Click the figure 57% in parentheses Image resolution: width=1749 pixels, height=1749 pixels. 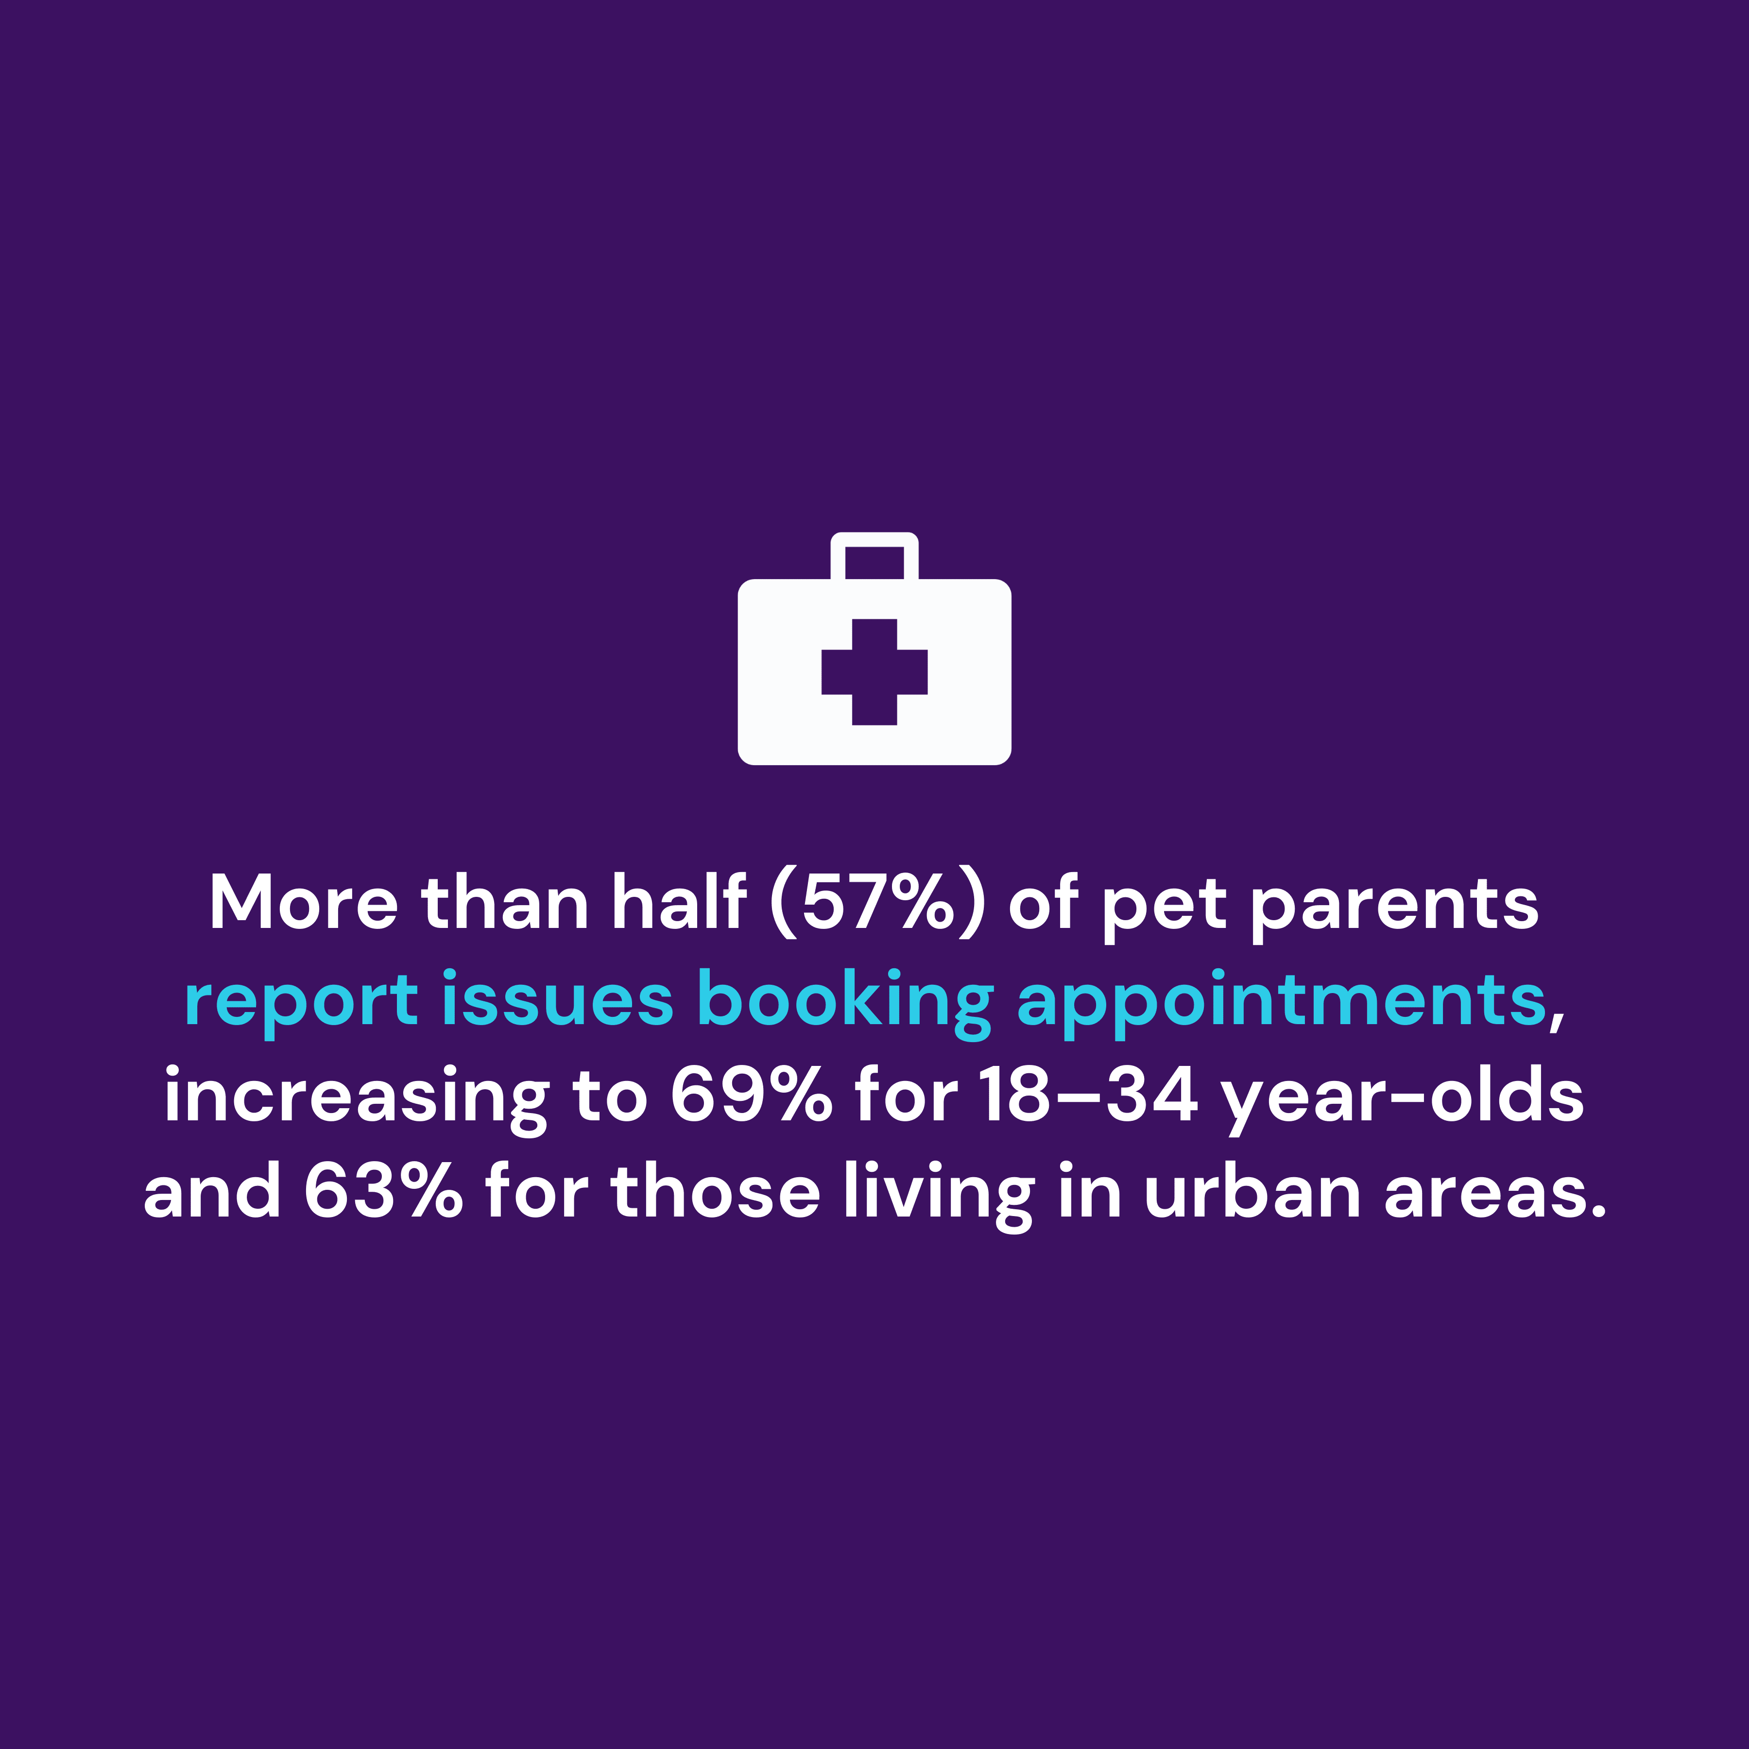(876, 904)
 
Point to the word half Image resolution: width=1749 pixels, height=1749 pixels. (678, 904)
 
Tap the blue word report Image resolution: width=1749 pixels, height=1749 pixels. (301, 1000)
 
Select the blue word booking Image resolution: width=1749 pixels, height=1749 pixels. (845, 1000)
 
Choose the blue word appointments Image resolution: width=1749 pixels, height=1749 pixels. (1282, 1000)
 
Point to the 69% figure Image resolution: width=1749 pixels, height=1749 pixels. (751, 1096)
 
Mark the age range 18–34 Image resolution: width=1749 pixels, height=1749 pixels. (1089, 1096)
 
